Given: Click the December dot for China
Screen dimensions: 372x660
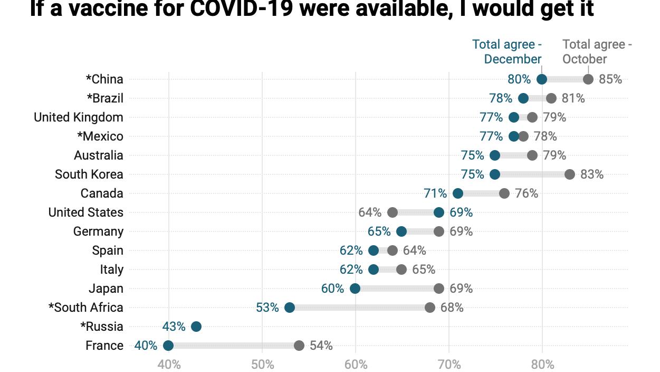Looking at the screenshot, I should tap(542, 79).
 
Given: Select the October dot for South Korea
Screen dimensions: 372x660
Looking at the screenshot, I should tap(570, 174).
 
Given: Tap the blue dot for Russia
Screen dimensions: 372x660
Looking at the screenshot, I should tap(196, 327).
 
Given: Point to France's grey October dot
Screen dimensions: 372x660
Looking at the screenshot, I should tap(299, 346).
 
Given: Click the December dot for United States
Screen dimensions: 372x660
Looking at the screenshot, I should tap(439, 212).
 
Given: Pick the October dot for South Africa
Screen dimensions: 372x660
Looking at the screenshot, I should tap(430, 308).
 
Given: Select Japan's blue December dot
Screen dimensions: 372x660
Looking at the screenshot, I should tap(355, 289).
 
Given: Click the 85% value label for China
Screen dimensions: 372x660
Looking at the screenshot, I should tap(610, 79).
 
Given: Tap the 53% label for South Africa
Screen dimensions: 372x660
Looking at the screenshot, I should tap(267, 308).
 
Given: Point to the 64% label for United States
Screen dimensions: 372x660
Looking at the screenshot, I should tap(370, 212).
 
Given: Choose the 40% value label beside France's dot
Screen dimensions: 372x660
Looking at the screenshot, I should tap(146, 346).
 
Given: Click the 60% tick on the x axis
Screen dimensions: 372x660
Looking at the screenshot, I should tap(356, 364).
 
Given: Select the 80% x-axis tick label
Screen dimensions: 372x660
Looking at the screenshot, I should tap(542, 364).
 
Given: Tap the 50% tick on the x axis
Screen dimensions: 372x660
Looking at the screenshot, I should tap(262, 364).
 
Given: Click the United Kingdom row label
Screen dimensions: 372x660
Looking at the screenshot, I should tap(79, 117).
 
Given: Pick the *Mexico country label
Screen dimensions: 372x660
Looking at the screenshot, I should tap(100, 136).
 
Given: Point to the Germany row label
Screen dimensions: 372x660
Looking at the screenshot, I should tap(98, 231).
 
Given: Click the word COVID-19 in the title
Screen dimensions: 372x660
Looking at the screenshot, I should tap(241, 9).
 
